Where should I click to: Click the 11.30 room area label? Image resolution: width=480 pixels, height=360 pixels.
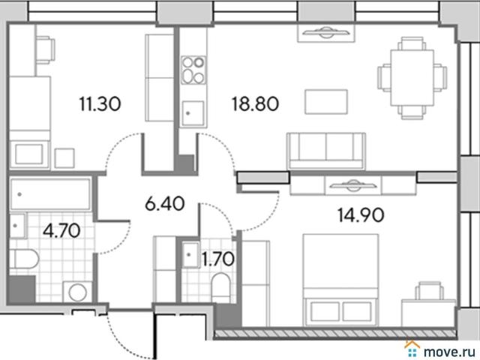(100, 103)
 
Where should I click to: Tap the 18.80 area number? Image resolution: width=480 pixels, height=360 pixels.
(255, 103)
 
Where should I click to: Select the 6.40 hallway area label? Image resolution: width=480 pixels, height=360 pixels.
(165, 203)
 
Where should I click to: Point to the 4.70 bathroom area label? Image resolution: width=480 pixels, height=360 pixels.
(61, 230)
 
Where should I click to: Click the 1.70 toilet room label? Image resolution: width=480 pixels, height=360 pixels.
(218, 259)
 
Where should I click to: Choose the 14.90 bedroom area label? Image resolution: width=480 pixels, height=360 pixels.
(361, 214)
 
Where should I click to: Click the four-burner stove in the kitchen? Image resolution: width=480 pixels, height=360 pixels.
(193, 70)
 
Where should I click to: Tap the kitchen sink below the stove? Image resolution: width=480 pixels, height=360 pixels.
(193, 113)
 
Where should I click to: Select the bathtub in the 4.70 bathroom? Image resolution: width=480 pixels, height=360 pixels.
(50, 194)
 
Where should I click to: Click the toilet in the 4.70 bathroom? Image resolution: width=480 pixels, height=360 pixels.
(24, 259)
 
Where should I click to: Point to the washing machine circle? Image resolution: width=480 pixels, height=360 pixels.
(77, 292)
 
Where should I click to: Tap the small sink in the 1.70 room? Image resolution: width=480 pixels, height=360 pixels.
(190, 255)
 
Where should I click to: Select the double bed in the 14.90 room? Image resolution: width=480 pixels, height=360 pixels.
(340, 280)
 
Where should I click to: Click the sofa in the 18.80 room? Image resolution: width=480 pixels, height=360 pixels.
(326, 151)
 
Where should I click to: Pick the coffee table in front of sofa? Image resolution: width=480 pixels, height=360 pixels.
(326, 102)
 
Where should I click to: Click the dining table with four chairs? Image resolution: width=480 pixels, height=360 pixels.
(412, 78)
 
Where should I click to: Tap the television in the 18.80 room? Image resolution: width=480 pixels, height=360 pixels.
(326, 33)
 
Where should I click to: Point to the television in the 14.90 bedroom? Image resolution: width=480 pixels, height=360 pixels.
(353, 185)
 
